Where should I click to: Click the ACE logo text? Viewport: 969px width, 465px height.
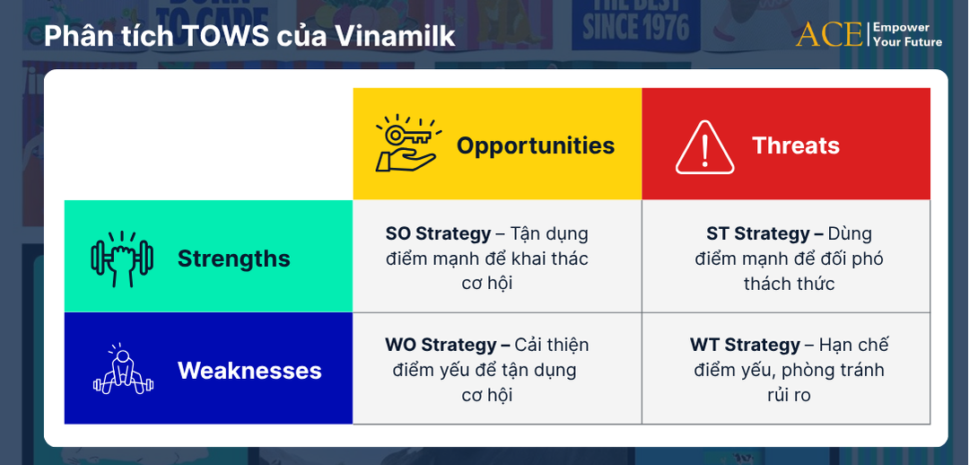[827, 34]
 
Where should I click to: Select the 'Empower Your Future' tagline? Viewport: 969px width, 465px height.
[907, 34]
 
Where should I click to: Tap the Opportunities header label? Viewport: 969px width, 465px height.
[536, 145]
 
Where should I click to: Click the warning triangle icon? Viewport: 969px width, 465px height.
[704, 146]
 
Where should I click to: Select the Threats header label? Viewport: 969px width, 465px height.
[796, 145]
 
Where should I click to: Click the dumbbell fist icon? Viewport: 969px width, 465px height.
[122, 259]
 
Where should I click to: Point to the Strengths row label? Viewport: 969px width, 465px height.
[234, 259]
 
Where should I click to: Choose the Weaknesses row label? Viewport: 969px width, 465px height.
[249, 371]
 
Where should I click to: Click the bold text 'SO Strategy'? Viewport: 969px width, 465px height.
[438, 233]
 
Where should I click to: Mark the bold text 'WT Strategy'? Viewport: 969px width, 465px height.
[745, 345]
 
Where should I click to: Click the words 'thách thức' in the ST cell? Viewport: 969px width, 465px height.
[789, 284]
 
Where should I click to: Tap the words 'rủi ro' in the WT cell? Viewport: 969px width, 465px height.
[789, 395]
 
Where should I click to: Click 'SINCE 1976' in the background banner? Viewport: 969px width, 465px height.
[636, 28]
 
